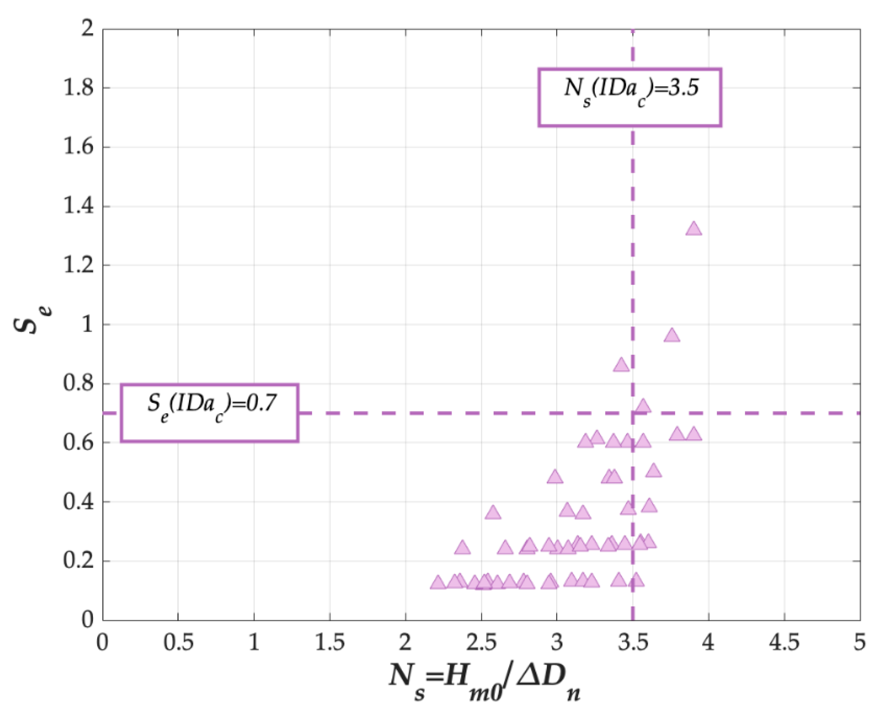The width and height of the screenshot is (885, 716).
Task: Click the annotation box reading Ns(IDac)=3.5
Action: click(x=629, y=97)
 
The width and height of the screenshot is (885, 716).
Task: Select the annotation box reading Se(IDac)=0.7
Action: click(x=209, y=413)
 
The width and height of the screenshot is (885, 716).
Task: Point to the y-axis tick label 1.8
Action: click(x=78, y=88)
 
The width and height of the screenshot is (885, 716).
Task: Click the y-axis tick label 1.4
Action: click(x=78, y=206)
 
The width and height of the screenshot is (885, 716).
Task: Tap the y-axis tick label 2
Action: click(x=88, y=29)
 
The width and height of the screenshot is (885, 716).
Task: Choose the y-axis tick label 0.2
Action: click(x=78, y=561)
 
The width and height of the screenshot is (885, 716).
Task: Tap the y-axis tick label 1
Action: click(x=88, y=324)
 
